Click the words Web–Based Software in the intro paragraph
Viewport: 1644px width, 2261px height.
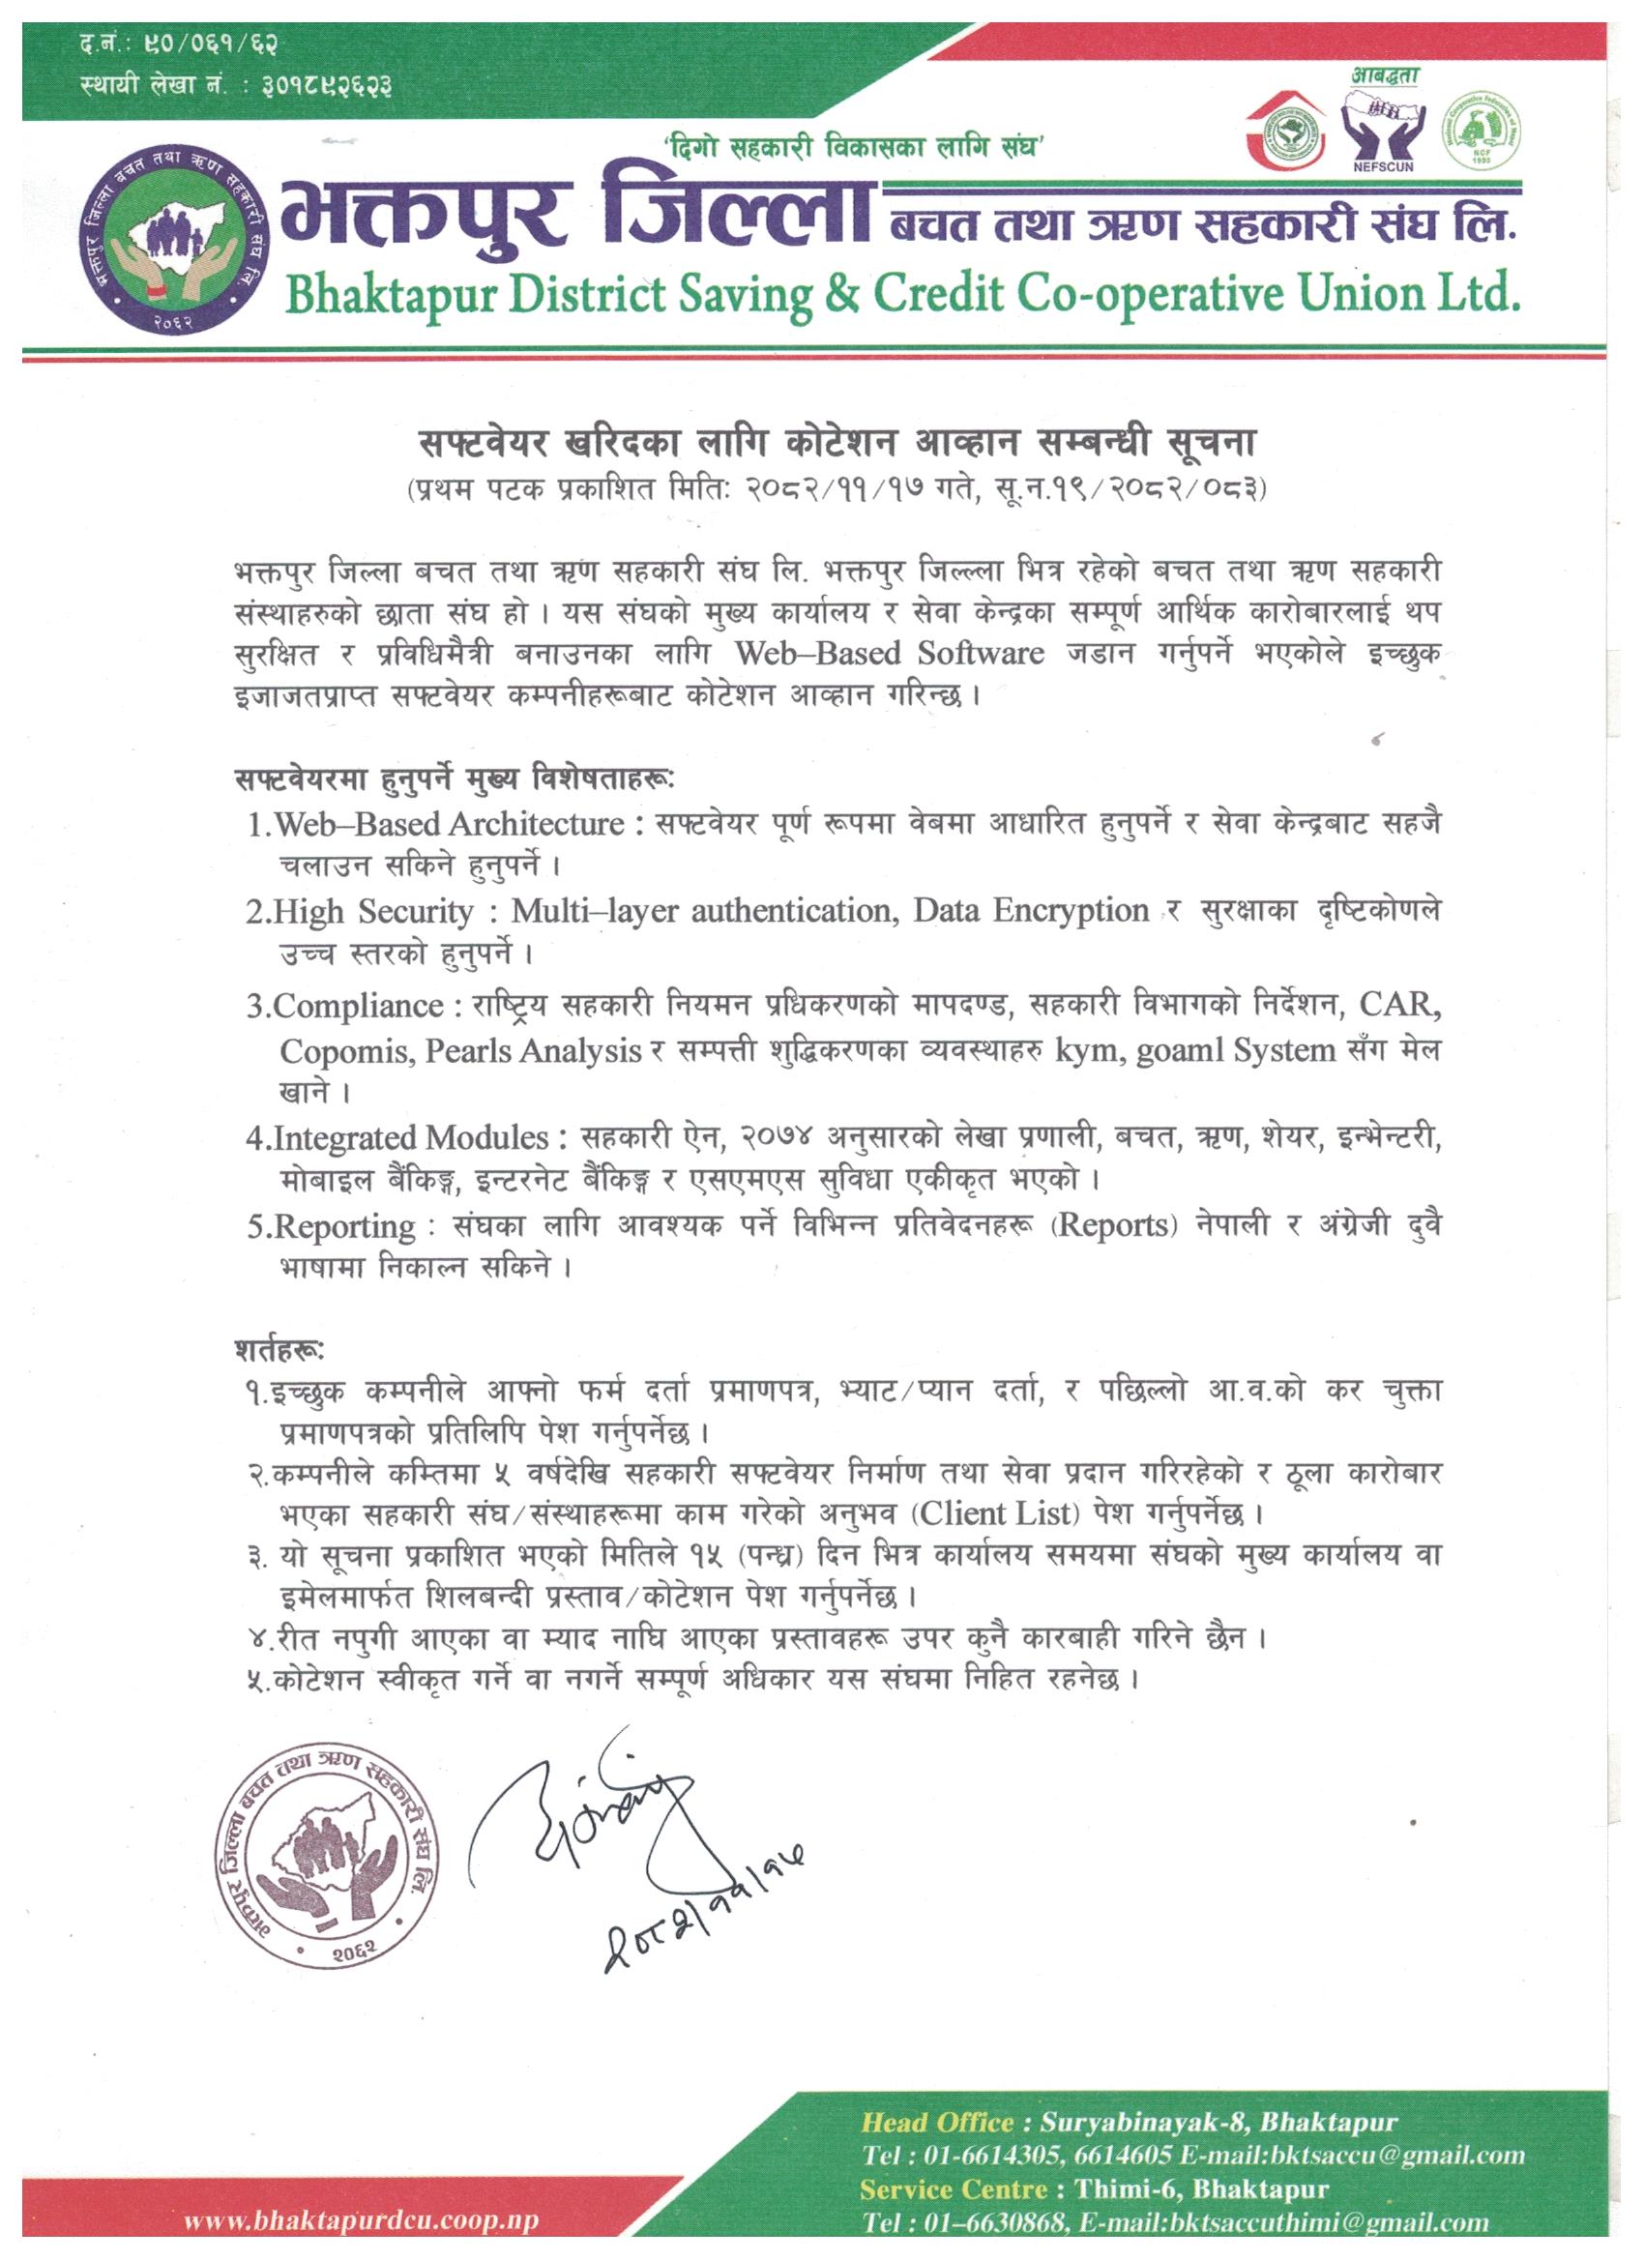[890, 654]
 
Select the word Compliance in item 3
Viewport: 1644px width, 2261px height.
[358, 1007]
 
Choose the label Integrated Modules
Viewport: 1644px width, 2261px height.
[411, 1138]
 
